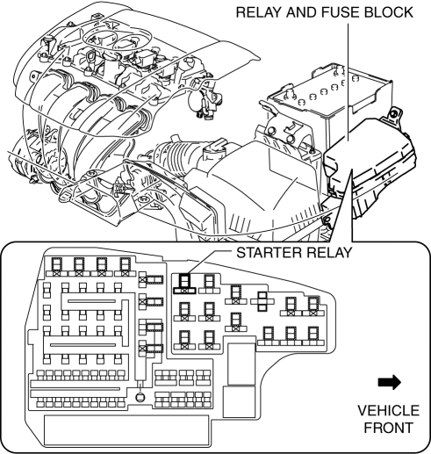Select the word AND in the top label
[x=302, y=12]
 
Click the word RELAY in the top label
[x=259, y=12]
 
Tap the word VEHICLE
[x=388, y=411]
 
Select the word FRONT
[x=388, y=428]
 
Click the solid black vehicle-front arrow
[x=390, y=382]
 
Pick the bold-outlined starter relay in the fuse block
[x=184, y=284]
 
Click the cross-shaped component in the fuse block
[x=262, y=301]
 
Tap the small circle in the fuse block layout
[x=140, y=397]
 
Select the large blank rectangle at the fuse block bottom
[x=126, y=430]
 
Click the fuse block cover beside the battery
[x=370, y=164]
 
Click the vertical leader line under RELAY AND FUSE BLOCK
[x=348, y=81]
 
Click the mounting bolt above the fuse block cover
[x=394, y=113]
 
